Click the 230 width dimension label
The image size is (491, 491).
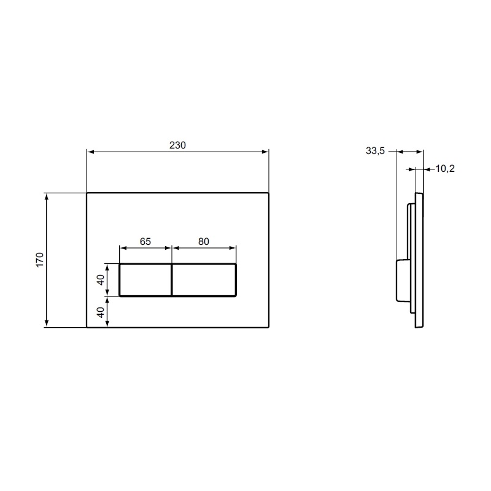point(177,145)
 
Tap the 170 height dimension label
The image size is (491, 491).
point(40,260)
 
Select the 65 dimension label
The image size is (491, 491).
point(145,241)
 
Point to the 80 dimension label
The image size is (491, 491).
point(204,241)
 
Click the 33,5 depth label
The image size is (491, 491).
point(375,151)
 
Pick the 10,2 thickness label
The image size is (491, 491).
point(445,169)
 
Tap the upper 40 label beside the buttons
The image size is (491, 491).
point(101,280)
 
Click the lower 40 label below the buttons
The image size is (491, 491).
point(101,312)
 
